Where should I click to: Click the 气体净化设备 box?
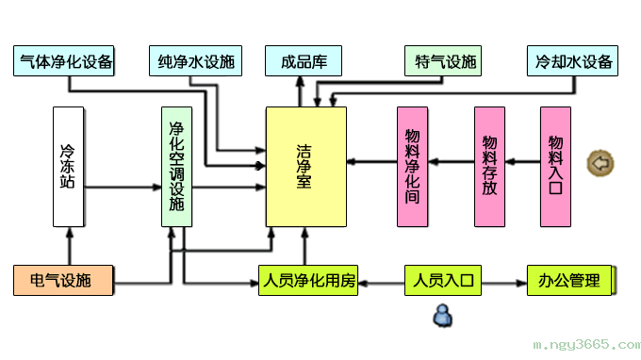pyautogui.click(x=66, y=62)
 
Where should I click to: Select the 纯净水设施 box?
pyautogui.click(x=195, y=62)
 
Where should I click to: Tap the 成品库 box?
pyautogui.click(x=303, y=62)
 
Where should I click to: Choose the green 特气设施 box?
pyautogui.click(x=442, y=62)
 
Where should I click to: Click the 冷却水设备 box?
pyautogui.click(x=572, y=62)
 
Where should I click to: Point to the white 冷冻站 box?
pyautogui.click(x=68, y=167)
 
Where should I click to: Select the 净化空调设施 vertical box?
pyautogui.click(x=177, y=167)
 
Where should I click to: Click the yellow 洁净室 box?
pyautogui.click(x=304, y=167)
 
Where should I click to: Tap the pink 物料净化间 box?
pyautogui.click(x=412, y=167)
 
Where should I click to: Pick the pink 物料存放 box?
pyautogui.click(x=489, y=167)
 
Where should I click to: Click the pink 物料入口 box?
pyautogui.click(x=555, y=167)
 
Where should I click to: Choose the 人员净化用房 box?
pyautogui.click(x=308, y=281)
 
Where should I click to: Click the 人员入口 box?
pyautogui.click(x=442, y=281)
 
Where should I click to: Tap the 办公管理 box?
pyautogui.click(x=569, y=281)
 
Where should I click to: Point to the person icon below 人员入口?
pyautogui.click(x=442, y=315)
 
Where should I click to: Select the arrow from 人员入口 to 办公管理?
pyautogui.click(x=503, y=281)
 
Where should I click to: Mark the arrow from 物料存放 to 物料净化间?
pyautogui.click(x=450, y=162)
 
